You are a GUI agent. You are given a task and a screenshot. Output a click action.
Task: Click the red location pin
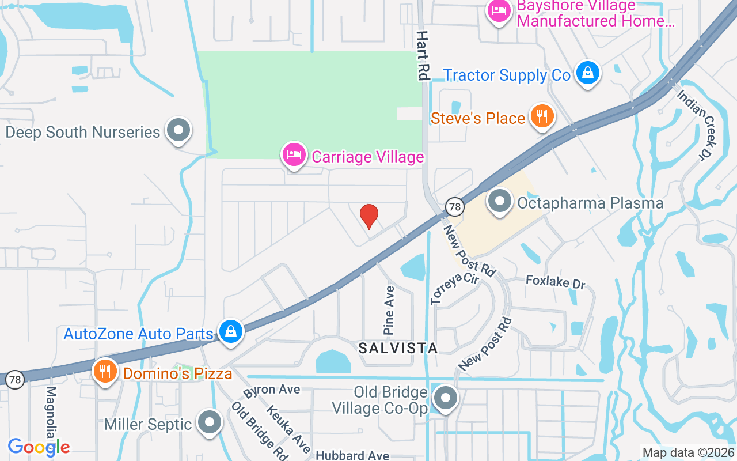(368, 216)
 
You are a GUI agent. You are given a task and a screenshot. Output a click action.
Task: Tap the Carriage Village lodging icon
(294, 155)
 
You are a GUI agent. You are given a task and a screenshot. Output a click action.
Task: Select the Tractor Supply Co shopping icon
(587, 73)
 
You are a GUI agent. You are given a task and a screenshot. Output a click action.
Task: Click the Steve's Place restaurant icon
(541, 117)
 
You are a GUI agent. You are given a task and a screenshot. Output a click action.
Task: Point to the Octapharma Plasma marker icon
(499, 202)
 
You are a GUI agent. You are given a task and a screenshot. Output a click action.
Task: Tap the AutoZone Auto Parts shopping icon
(230, 332)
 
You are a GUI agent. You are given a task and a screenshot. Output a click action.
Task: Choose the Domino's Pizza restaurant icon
(104, 371)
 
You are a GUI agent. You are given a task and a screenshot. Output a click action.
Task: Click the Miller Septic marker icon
(210, 422)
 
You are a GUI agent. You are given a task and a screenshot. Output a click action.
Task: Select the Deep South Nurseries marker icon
(178, 130)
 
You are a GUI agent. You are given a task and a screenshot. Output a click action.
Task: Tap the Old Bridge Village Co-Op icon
(445, 398)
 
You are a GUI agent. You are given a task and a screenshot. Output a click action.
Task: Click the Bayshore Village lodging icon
(498, 12)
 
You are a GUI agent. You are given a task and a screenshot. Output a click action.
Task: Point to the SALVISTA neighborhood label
(398, 347)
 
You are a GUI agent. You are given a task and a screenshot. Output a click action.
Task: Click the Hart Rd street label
(423, 55)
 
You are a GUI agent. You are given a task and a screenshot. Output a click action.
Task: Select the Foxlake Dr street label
(555, 282)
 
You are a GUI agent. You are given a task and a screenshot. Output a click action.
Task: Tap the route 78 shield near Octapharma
(454, 206)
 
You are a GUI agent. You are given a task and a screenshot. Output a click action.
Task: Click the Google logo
(39, 447)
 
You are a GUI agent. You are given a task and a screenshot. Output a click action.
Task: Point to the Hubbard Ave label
(352, 456)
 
